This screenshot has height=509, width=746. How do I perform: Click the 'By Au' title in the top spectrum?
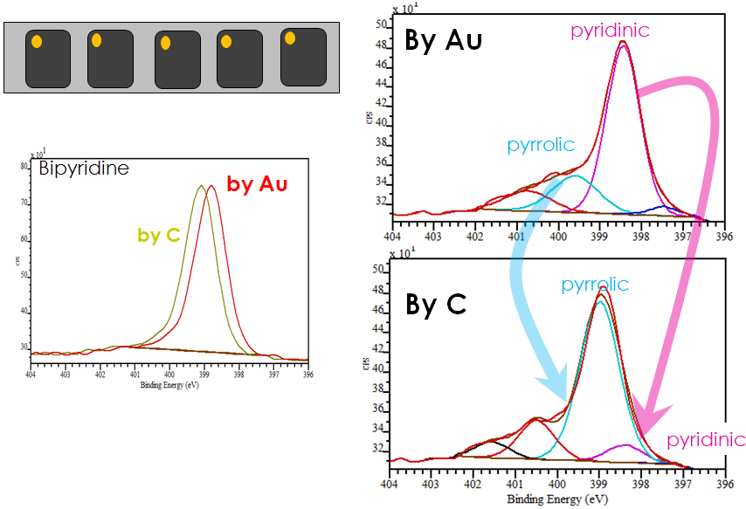pos(443,41)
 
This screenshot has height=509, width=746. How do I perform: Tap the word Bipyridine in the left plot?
pos(84,169)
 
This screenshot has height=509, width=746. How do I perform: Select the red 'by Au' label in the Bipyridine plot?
pos(256,184)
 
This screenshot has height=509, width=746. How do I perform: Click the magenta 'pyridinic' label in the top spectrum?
pos(610,31)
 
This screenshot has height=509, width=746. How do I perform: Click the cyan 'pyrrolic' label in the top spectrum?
pos(540,143)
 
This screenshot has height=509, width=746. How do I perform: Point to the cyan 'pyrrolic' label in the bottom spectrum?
pos(595,285)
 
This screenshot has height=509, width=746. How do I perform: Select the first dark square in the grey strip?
pos(47,58)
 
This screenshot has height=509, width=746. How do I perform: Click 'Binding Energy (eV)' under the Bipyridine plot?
pos(169,384)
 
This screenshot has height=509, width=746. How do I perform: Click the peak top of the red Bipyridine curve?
pos(211,185)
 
